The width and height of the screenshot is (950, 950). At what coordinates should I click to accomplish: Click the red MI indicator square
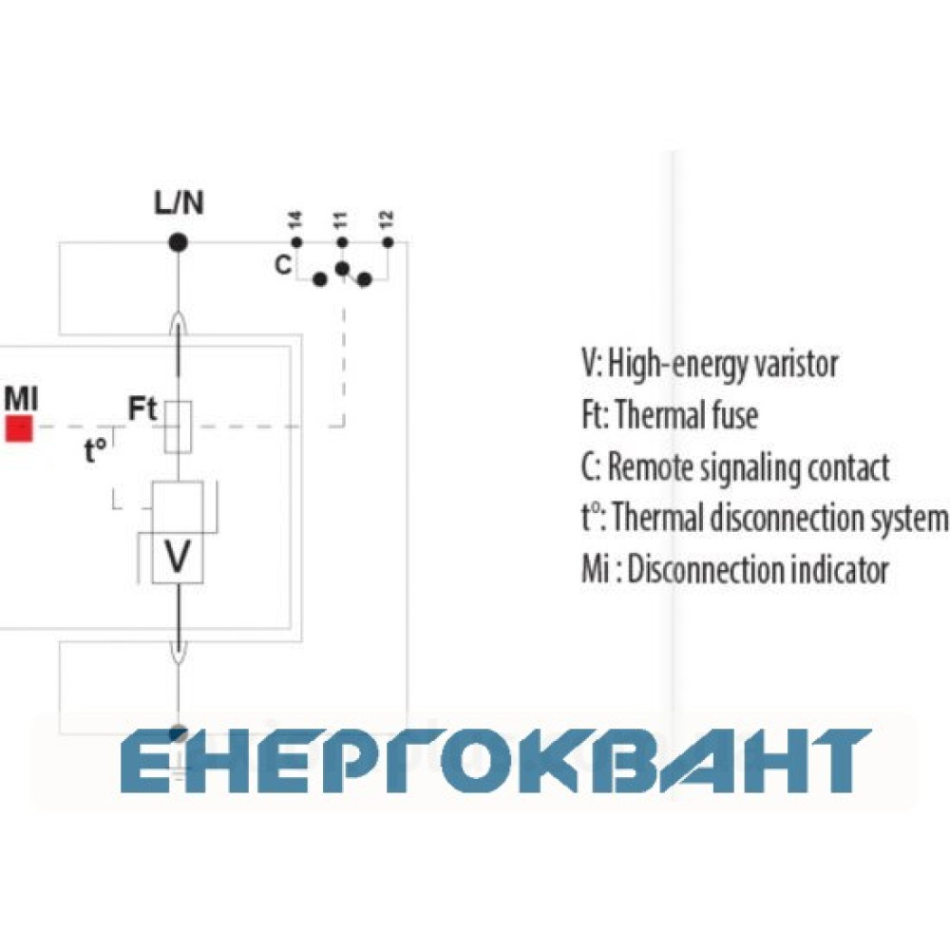(19, 428)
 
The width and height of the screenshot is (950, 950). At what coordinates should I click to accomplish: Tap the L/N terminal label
(179, 202)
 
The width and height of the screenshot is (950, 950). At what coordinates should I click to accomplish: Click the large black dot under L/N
(178, 243)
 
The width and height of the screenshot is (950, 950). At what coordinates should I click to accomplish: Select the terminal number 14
(295, 219)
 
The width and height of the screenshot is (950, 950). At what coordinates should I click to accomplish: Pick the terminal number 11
(340, 219)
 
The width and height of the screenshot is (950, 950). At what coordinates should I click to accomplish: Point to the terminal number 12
(387, 218)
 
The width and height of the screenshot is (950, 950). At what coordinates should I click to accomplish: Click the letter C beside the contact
(283, 265)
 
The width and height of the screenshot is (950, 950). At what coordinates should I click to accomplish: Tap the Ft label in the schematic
(142, 408)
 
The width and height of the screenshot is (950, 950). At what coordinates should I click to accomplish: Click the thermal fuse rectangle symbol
(179, 427)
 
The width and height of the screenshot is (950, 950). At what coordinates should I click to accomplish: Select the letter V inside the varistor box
(178, 556)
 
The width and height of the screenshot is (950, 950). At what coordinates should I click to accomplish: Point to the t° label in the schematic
(95, 450)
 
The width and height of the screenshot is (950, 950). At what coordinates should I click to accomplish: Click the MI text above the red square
(21, 399)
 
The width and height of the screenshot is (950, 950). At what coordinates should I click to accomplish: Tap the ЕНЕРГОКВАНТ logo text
(497, 760)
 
